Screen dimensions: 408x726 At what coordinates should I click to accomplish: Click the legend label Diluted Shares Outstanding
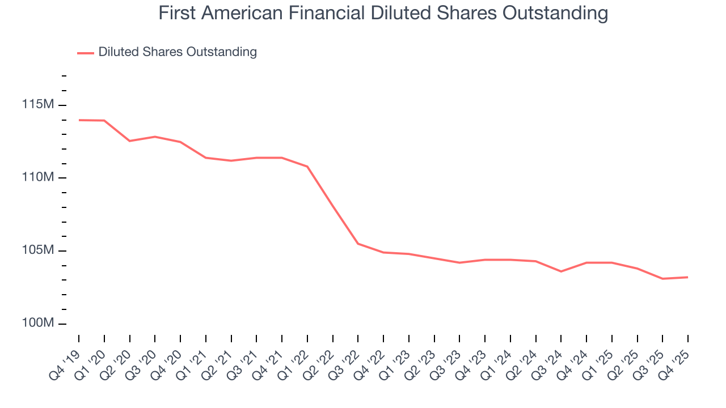[x=177, y=52]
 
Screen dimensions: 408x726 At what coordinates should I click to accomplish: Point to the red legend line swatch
[x=86, y=53]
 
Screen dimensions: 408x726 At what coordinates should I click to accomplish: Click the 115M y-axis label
[x=38, y=105]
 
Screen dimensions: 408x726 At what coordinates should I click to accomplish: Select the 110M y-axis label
[x=38, y=178]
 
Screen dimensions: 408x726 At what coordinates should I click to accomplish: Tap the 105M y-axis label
[x=38, y=250]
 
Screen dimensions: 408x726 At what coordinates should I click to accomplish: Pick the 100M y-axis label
[x=38, y=324]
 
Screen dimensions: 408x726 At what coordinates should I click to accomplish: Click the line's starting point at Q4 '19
[x=79, y=120]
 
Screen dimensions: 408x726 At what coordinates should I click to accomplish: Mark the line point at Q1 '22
[x=307, y=167]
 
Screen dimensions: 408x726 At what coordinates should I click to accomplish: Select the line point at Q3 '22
[x=358, y=244]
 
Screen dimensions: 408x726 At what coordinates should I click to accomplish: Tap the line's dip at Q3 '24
[x=561, y=271]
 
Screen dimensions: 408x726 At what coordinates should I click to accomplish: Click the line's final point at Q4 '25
[x=688, y=277]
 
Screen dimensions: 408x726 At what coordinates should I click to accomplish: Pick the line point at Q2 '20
[x=129, y=141]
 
